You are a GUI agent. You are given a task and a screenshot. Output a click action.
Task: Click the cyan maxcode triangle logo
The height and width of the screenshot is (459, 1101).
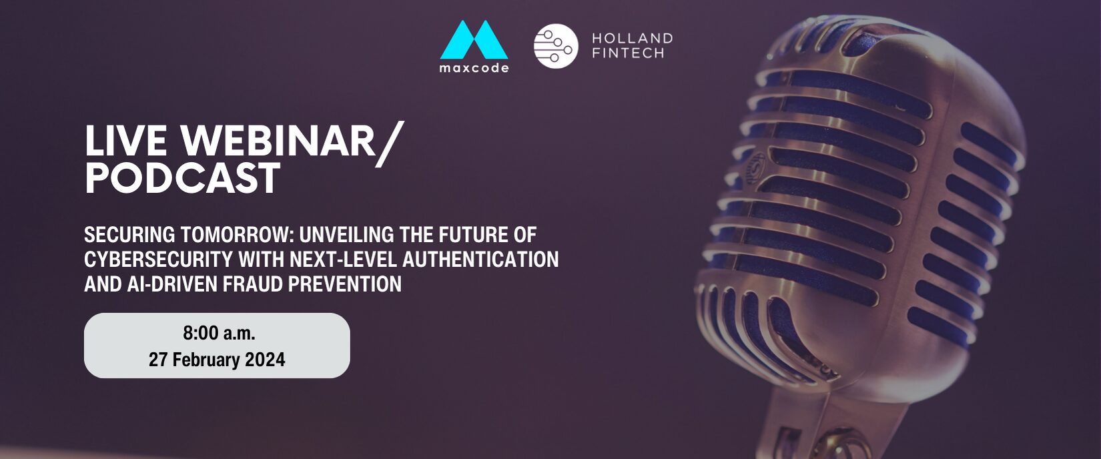474,40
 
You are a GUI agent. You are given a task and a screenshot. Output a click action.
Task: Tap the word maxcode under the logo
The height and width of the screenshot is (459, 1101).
474,68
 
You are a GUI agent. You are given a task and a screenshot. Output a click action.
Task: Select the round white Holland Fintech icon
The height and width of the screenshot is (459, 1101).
556,46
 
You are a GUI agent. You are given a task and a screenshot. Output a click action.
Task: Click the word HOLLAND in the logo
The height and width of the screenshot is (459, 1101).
632,38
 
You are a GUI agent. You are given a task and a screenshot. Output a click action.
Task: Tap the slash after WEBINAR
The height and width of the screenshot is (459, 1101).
390,144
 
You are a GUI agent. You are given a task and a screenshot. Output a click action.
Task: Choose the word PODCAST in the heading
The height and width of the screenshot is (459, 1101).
182,178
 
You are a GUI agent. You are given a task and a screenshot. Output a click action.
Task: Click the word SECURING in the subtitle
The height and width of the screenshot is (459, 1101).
129,235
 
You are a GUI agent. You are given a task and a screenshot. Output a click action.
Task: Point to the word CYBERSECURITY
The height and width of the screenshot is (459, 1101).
157,260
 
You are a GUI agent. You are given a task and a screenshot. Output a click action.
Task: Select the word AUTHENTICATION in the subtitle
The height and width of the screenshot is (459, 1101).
480,260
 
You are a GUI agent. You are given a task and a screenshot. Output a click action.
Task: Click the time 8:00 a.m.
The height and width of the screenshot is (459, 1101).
220,333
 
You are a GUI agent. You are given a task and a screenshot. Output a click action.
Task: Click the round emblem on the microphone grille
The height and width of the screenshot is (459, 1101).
755,165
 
